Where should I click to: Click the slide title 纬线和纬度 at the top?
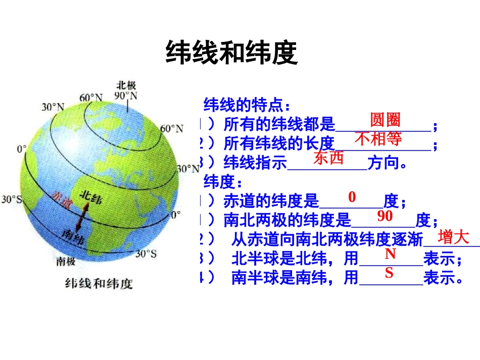pos(231,53)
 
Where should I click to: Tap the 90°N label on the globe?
pos(126,95)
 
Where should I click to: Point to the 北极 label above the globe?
pos(126,85)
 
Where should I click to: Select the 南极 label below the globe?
pos(66,262)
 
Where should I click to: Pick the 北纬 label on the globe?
pos(92,197)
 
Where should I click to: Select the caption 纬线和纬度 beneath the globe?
pos(99,283)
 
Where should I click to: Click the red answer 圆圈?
pos(385,120)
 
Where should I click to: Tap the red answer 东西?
pos(328,158)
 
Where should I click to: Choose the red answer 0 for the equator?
pos(352,197)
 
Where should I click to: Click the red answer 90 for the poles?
pos(385,216)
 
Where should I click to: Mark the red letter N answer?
pos(390,254)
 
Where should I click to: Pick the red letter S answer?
pos(389,273)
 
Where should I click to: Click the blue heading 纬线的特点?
pos(247,106)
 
